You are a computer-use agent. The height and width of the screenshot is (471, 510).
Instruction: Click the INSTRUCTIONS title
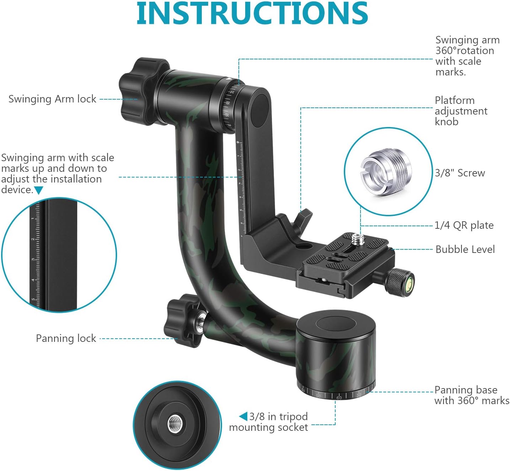(252, 14)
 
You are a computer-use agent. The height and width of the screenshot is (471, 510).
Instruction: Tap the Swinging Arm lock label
(52, 99)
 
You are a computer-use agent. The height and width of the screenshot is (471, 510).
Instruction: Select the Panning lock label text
(66, 338)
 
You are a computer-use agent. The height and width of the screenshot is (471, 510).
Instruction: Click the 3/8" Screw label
(460, 173)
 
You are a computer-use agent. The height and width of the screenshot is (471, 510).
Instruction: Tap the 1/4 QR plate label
(464, 226)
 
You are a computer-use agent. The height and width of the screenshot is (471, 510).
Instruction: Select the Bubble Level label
(465, 249)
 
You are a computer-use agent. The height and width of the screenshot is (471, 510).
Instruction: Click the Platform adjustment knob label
(461, 111)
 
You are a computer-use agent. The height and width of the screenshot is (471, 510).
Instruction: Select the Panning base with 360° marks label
(472, 395)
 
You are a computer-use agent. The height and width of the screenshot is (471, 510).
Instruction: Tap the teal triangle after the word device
(38, 190)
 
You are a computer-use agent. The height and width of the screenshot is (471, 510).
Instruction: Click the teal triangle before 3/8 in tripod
(243, 416)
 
